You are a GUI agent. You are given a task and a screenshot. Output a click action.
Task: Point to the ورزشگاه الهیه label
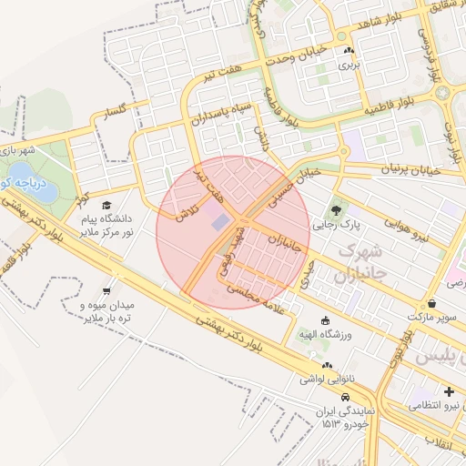326,334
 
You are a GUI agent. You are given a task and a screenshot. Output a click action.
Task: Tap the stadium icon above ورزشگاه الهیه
326,320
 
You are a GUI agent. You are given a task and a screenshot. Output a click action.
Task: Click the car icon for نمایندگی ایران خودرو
346,400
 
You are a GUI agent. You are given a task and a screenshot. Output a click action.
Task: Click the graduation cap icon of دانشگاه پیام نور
107,206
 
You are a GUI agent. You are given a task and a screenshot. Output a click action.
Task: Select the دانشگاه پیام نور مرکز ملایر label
108,226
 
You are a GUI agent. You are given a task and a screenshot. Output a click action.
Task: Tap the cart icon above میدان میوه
107,291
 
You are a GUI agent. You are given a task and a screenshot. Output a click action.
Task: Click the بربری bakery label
349,66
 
